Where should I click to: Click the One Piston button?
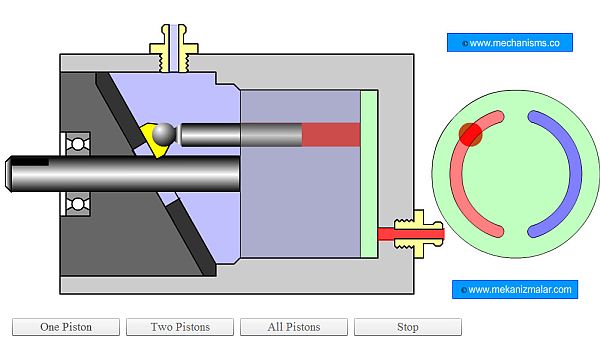pyautogui.click(x=66, y=327)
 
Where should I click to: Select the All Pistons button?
pyautogui.click(x=294, y=327)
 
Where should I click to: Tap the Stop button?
pyautogui.click(x=408, y=327)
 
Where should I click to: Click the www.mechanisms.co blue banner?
pyautogui.click(x=510, y=42)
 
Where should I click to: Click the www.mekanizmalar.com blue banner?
pyautogui.click(x=515, y=289)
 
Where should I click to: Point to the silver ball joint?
pyautogui.click(x=164, y=134)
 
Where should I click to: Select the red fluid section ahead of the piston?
pyautogui.click(x=331, y=134)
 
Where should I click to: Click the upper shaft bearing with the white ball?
pyautogui.click(x=78, y=144)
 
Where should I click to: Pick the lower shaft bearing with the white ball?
pyautogui.click(x=78, y=204)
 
